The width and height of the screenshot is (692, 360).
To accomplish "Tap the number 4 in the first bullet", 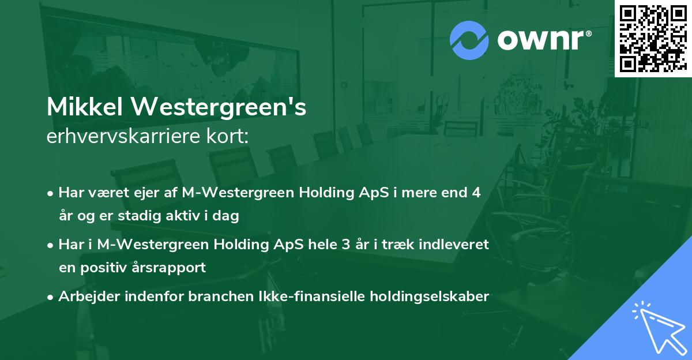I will [476, 193].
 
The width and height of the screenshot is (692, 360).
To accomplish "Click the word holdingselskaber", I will [424, 297].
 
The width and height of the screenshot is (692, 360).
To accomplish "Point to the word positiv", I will [105, 268].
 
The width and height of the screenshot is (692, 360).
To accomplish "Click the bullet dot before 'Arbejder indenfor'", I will [51, 297].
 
